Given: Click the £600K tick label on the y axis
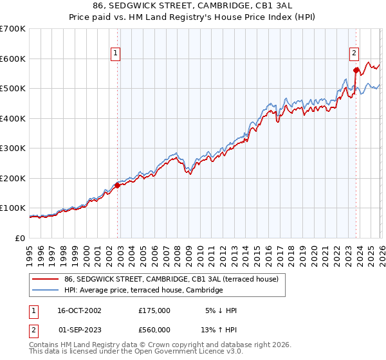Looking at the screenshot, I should [x=13, y=59].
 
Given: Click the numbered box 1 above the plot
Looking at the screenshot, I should [x=115, y=54].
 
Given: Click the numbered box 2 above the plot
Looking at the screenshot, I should [x=354, y=54].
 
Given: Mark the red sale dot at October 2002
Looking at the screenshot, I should [x=117, y=185].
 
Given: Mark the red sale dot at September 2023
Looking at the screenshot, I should [x=356, y=69].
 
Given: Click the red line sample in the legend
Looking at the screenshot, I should [x=45, y=280].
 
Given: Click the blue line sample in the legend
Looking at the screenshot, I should [x=45, y=291].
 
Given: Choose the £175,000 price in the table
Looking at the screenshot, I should [x=154, y=310].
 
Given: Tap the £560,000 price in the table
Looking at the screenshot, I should [x=154, y=330].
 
